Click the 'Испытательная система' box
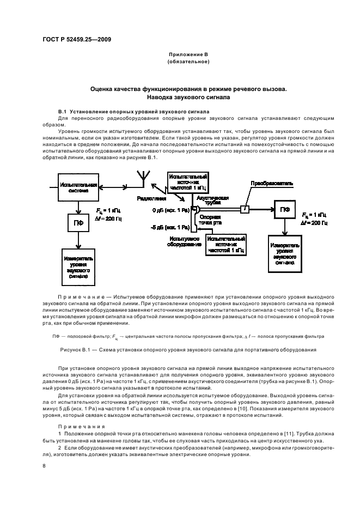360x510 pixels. (x=78, y=187)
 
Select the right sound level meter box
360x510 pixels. (x=284, y=253)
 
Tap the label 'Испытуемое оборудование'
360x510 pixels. (x=182, y=241)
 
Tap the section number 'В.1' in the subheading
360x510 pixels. (x=62, y=111)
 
